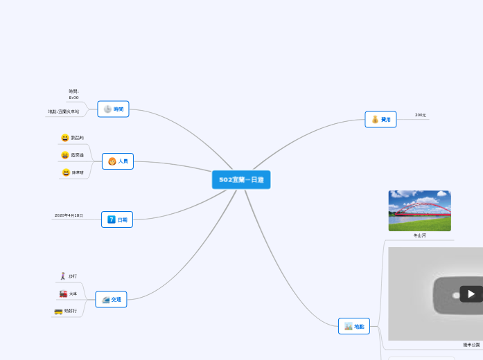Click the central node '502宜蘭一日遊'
tap(241, 180)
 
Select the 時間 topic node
tap(114, 109)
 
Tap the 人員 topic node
tap(118, 161)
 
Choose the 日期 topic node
tap(117, 219)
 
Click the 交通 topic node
tap(112, 300)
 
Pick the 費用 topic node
tap(381, 120)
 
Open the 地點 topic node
tap(354, 326)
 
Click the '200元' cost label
tap(421, 115)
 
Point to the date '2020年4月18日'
tap(69, 215)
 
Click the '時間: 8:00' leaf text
tap(73, 94)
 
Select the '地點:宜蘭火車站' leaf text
tap(63, 111)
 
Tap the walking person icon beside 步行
tap(63, 276)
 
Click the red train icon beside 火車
tap(63, 294)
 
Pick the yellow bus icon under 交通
tap(59, 312)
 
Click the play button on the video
tap(471, 294)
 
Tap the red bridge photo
tap(419, 210)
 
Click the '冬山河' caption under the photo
tap(419, 236)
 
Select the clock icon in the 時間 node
tap(107, 109)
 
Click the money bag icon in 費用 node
tap(375, 120)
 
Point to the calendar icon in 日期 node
tap(111, 219)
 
